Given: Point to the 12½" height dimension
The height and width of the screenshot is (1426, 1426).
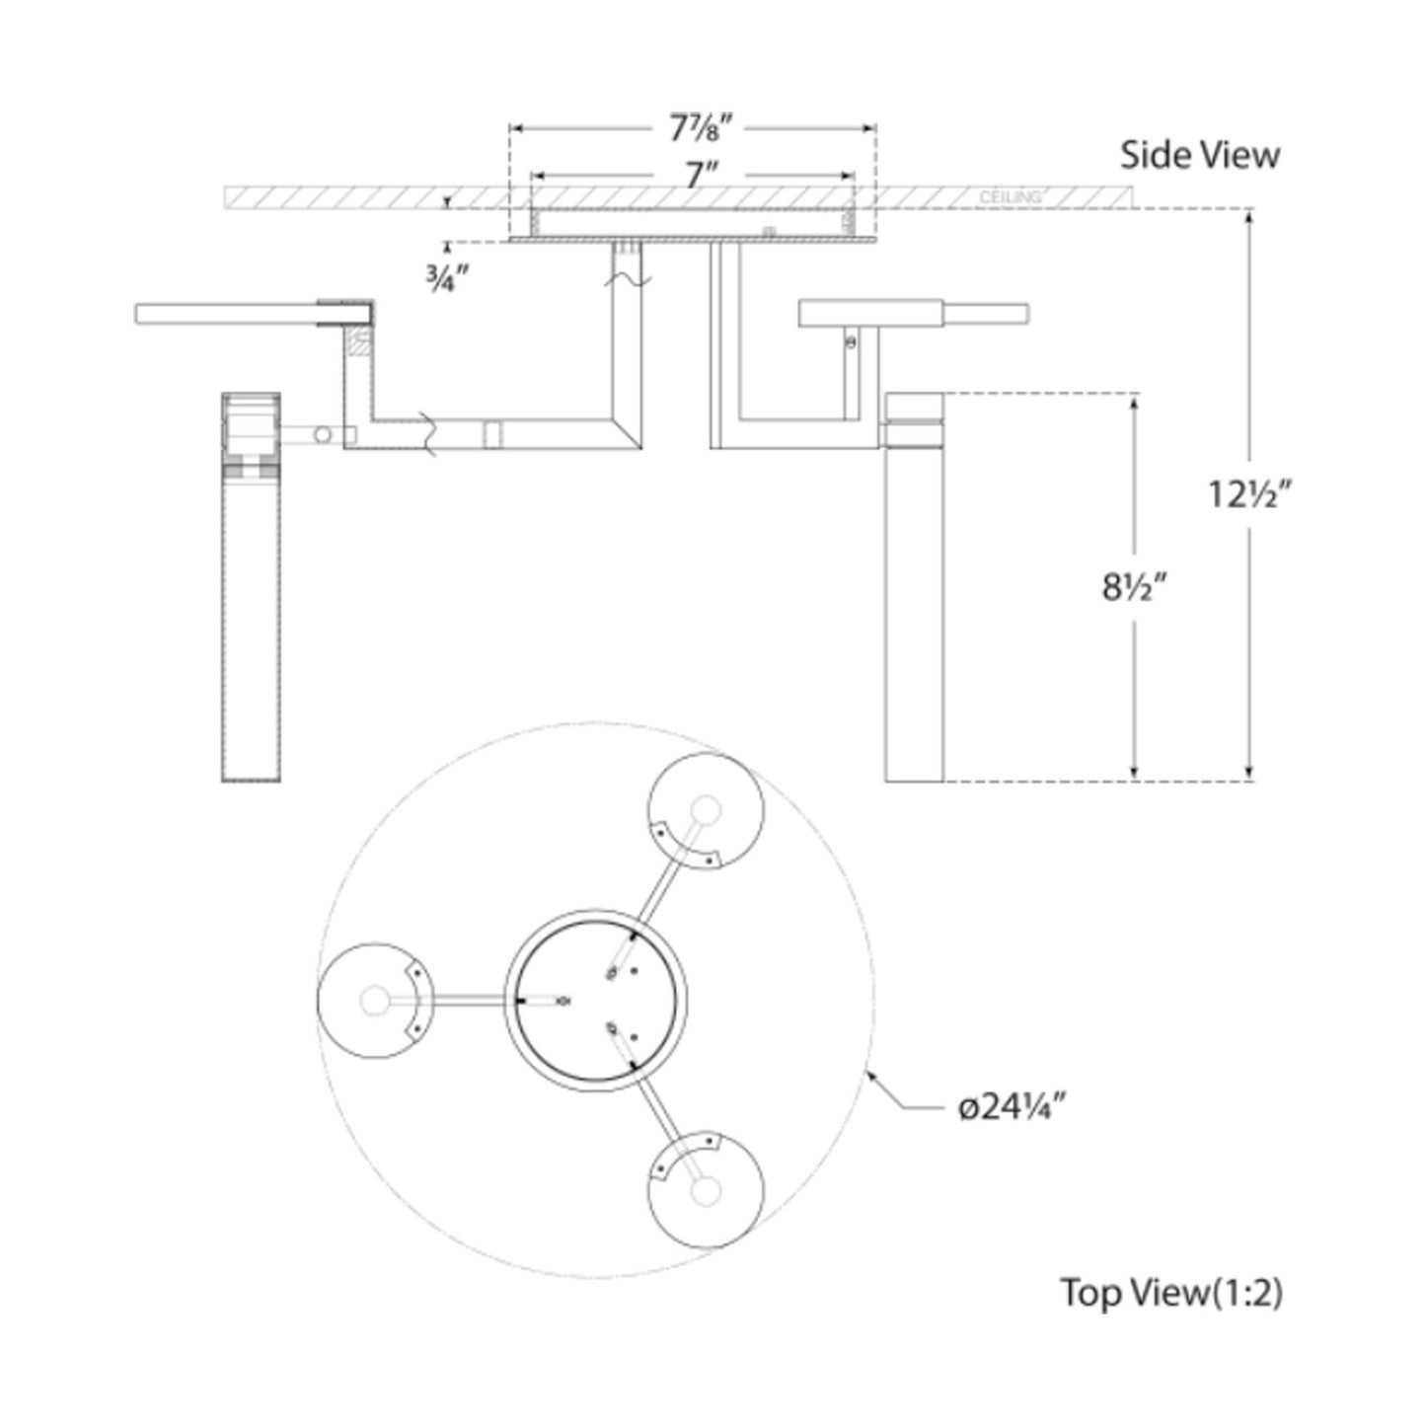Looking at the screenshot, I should click(1250, 493).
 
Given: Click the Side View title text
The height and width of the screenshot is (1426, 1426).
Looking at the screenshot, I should click(1199, 155).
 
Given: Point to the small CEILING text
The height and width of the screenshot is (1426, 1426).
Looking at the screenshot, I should click(1010, 198).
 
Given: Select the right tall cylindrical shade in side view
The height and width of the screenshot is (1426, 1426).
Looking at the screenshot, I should click(915, 612).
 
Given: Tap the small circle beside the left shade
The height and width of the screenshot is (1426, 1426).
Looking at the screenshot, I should click(322, 434).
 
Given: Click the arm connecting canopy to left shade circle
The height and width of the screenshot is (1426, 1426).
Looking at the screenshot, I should click(464, 1002).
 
